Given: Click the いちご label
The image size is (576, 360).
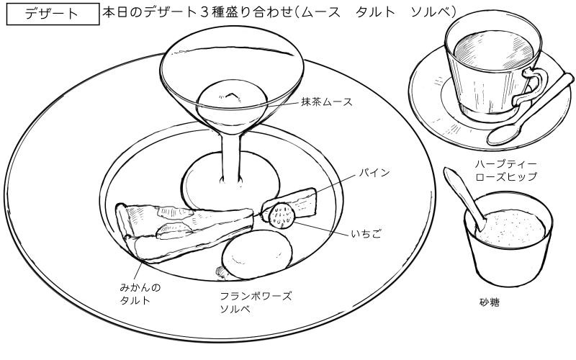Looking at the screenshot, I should coord(365,234).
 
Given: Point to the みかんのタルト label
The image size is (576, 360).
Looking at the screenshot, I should coord(140,294).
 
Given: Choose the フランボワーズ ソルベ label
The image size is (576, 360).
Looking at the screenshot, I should coord(256,302).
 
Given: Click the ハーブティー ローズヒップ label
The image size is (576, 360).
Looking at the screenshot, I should coord(506,170).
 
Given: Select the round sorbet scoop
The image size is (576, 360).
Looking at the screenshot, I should coord(257,254).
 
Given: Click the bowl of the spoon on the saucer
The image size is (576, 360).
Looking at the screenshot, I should coord(502,134).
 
